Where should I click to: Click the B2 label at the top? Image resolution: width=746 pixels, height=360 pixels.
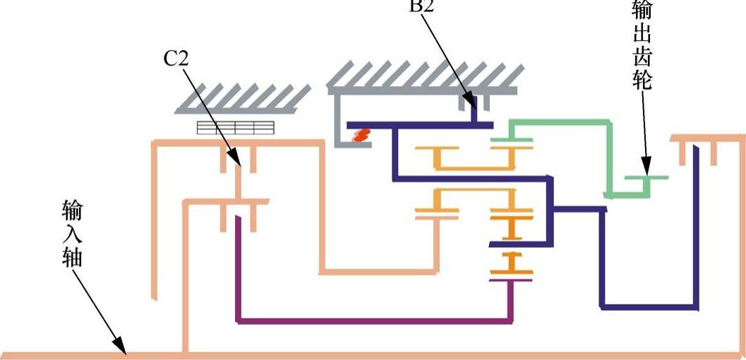(x=422, y=6)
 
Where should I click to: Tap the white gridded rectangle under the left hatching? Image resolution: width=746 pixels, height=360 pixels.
(x=235, y=127)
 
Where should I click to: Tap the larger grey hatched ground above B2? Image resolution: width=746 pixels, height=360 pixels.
(x=424, y=78)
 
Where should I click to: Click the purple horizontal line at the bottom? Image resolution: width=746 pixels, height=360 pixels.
(x=374, y=322)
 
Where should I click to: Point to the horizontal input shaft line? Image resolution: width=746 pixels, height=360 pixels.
(x=423, y=354)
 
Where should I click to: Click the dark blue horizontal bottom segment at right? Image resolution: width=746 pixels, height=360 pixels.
(x=649, y=307)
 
